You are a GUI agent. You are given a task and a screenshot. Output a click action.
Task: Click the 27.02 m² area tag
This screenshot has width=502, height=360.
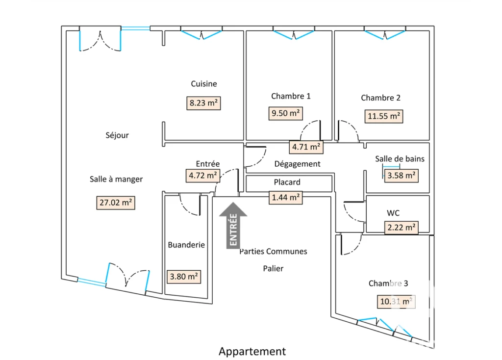point(116,203)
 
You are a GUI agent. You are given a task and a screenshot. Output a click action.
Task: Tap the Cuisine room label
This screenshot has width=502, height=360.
point(204,84)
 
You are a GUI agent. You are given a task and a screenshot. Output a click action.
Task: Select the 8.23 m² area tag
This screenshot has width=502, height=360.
point(203,103)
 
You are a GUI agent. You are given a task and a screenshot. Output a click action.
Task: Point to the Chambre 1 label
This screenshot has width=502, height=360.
point(291,96)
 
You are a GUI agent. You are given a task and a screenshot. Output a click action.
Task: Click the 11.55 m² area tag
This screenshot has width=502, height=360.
point(383,116)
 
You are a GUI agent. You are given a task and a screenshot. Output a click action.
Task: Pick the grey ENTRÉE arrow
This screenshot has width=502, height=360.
point(233,225)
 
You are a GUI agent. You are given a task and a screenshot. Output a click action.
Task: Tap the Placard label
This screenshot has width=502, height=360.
point(287,182)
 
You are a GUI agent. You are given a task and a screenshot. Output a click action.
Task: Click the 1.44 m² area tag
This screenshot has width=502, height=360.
point(286,197)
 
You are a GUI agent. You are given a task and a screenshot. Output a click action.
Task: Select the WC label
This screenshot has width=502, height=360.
point(393,213)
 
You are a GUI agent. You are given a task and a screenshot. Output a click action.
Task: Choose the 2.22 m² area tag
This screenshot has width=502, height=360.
point(401,228)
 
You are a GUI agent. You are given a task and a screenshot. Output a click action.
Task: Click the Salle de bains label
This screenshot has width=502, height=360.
point(400,159)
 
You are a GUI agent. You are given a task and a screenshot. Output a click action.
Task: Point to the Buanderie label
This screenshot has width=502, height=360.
point(186,245)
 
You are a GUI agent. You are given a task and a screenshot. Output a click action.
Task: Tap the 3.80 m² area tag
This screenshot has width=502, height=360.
point(184,277)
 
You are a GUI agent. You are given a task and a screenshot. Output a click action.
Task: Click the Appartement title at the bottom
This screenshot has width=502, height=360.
point(252,352)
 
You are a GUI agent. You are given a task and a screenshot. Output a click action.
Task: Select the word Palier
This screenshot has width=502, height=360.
point(273,268)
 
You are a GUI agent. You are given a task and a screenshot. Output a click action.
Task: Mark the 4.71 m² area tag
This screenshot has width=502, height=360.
point(306,147)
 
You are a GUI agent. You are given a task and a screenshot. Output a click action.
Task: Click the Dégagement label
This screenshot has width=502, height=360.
point(298,164)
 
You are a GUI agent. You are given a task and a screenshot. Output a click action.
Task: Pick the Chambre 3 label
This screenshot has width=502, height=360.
point(388,283)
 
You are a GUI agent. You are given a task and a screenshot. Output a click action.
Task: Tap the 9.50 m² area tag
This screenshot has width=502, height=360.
point(285,113)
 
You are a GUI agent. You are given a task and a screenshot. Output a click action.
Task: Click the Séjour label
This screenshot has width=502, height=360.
point(117,135)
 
